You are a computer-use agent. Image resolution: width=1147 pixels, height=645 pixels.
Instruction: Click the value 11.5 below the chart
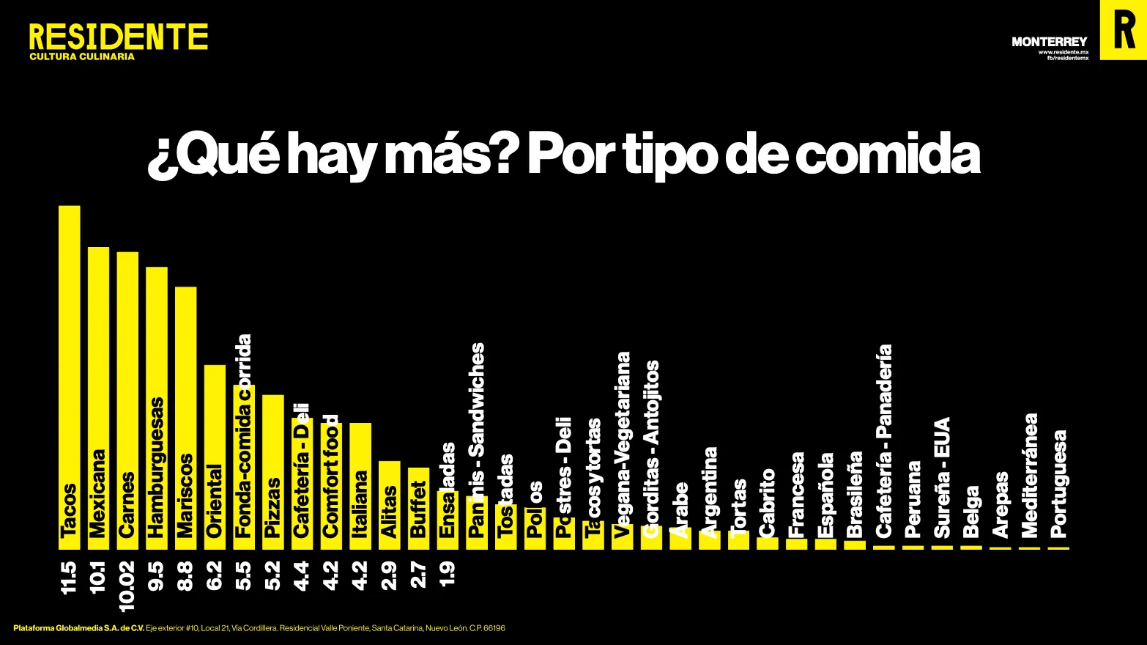[69, 577]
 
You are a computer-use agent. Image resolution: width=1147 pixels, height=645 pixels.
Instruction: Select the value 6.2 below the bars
[215, 575]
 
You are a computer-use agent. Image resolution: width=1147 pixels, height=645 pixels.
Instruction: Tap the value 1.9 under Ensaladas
[448, 572]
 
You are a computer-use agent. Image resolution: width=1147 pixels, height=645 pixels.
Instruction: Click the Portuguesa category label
[1058, 484]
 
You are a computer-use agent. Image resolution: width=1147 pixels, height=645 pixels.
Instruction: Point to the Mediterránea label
[1030, 475]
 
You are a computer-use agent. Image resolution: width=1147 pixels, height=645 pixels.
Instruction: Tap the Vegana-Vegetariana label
[623, 445]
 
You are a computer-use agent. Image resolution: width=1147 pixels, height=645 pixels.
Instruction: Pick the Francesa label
[797, 494]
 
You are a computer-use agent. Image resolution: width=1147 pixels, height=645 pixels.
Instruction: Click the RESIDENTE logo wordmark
[118, 37]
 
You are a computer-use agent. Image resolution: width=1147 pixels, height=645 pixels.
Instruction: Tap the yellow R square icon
[1123, 29]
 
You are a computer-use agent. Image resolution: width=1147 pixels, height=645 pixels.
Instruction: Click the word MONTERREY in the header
[1049, 42]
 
